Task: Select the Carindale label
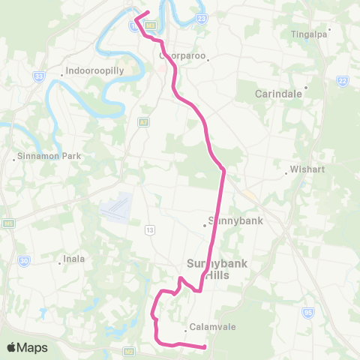coord(277,94)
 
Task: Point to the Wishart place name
coord(307,169)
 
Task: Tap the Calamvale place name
coord(206,327)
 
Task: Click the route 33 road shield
coord(39,76)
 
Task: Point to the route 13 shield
coord(150,229)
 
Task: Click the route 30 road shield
coord(24,260)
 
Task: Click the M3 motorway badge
coord(150,25)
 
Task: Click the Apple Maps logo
coord(26,347)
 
